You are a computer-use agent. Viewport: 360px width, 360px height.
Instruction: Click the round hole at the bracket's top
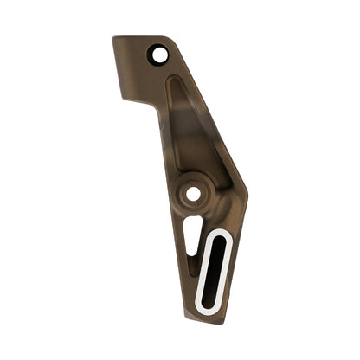click(158, 55)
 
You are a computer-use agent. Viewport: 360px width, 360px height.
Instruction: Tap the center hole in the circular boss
click(192, 193)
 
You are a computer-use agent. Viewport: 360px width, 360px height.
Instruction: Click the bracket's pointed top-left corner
click(114, 37)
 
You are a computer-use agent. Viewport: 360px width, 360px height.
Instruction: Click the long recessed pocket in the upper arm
click(192, 130)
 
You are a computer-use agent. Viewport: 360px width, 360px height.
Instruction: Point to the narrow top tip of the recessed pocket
click(173, 80)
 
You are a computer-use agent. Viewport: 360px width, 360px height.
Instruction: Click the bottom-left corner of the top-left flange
click(123, 98)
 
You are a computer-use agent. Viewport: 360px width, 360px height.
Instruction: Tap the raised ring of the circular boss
click(178, 193)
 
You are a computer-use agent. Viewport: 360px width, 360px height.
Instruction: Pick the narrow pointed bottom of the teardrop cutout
click(188, 254)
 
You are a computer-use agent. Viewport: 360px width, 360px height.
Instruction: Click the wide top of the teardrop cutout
click(195, 221)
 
